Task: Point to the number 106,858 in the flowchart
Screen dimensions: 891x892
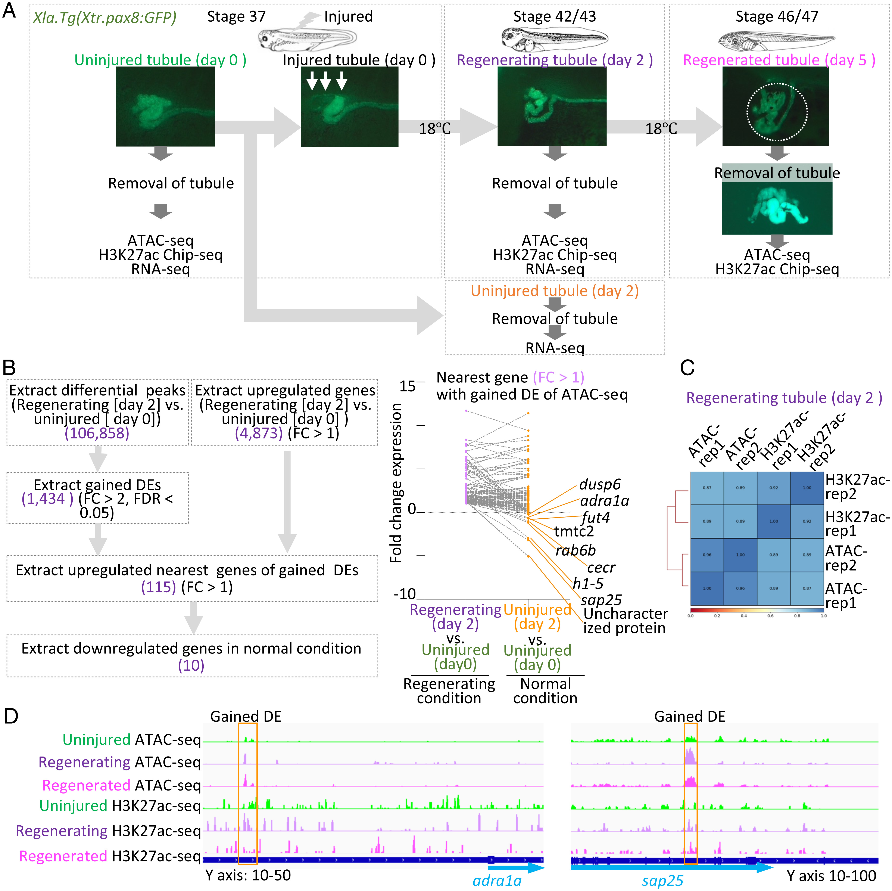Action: [97, 433]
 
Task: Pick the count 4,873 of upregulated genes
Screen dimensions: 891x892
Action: [259, 433]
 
